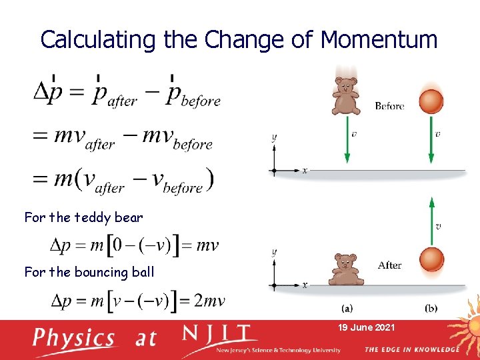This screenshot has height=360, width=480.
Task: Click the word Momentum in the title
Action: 379,40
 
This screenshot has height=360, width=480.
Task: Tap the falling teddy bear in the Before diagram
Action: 346,96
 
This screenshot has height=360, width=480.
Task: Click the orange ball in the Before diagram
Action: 431,101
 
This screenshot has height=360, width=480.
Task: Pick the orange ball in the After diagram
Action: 431,260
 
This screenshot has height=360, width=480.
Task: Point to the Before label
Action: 389,106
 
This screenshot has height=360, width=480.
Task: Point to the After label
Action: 389,265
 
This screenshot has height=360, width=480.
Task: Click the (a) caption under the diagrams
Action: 347,308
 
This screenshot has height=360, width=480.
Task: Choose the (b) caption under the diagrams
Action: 431,308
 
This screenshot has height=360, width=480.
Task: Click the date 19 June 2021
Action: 367,327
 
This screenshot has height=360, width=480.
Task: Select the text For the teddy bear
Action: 83,217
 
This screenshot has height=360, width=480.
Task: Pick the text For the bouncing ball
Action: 89,272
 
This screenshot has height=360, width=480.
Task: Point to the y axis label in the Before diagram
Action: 273,138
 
